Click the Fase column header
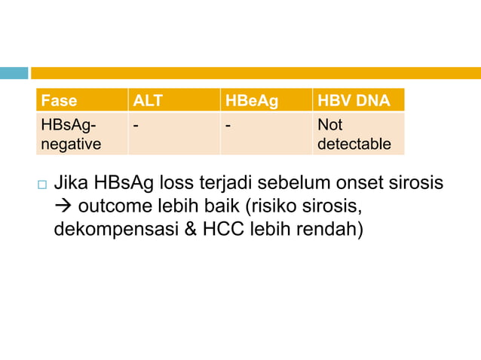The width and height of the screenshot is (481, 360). point(59,100)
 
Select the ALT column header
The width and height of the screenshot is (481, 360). point(148,100)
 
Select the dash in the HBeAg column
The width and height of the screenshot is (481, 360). point(228,124)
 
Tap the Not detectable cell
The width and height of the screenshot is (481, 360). point(354,133)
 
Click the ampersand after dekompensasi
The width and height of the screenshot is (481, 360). point(188,229)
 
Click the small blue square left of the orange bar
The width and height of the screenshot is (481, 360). point(14,73)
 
